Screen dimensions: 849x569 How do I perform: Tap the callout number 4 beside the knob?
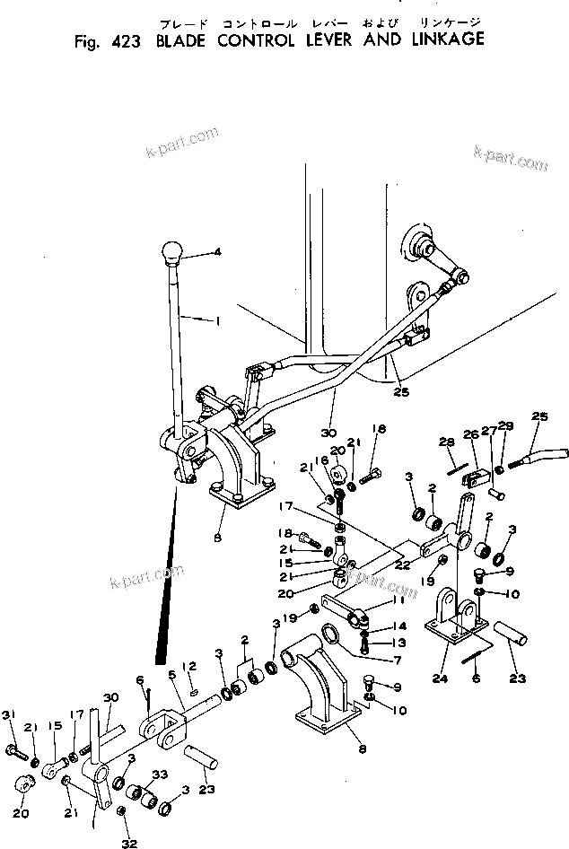click(216, 252)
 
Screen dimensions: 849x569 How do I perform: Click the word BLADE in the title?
click(185, 40)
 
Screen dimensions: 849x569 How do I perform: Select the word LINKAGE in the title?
click(445, 39)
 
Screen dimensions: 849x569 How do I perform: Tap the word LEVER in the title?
click(333, 40)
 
